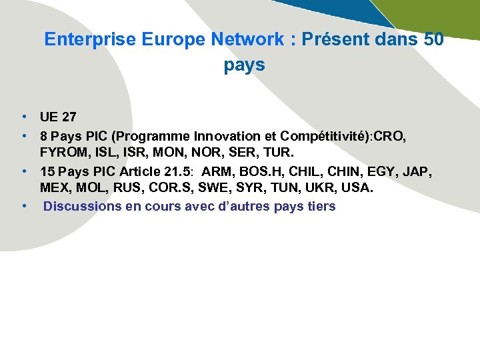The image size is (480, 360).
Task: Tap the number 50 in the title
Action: (x=433, y=39)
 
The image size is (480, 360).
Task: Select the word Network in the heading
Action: (x=247, y=39)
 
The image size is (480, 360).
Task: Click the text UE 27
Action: (x=58, y=117)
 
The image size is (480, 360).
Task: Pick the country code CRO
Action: (x=390, y=136)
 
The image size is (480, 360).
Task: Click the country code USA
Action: (x=359, y=188)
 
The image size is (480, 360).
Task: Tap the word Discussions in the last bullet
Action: (x=82, y=206)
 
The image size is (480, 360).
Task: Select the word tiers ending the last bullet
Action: (x=322, y=206)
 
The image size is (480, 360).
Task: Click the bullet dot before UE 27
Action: (x=23, y=117)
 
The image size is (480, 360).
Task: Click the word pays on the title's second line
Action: (x=245, y=65)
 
